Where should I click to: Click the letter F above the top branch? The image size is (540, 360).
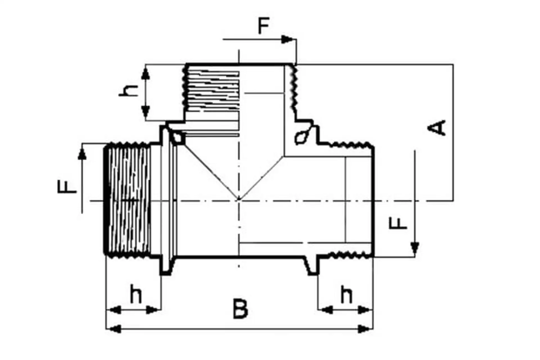(264, 26)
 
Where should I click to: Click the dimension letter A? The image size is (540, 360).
(436, 128)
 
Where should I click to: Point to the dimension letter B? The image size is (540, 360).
(240, 309)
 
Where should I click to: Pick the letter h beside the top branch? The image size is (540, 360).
(129, 91)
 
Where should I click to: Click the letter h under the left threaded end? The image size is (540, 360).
(136, 294)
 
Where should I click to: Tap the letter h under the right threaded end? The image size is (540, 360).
(346, 294)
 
